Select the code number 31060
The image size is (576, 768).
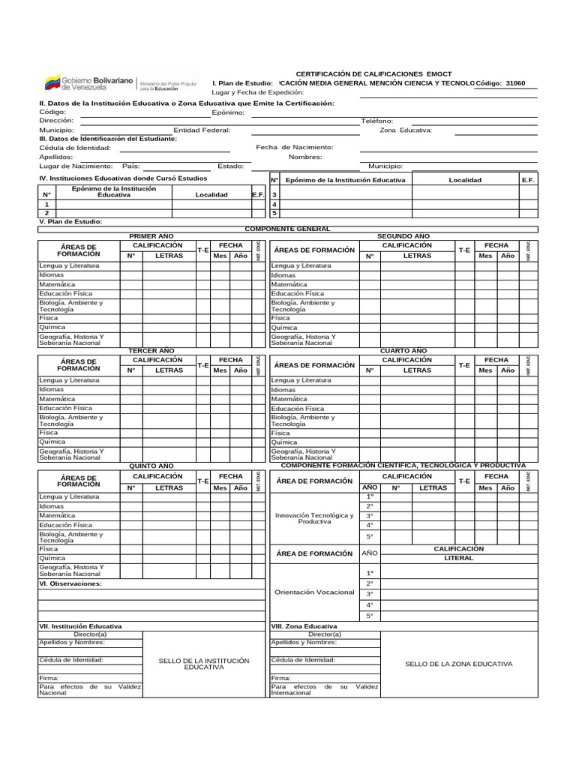[516, 83]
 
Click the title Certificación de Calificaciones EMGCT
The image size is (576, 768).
[385, 74]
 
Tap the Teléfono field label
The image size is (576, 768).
[376, 121]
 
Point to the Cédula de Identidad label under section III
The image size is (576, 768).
[74, 148]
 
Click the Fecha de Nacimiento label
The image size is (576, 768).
[295, 148]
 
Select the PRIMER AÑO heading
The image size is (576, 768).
[151, 235]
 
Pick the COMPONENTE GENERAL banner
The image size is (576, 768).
[288, 229]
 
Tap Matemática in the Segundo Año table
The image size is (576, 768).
[289, 285]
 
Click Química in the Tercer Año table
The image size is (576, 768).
[52, 442]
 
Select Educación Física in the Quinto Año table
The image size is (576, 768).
[66, 525]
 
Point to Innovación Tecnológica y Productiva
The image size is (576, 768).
[314, 518]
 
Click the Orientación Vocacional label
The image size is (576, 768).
[314, 592]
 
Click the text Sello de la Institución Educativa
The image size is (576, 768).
[204, 664]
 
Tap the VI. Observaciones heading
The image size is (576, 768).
[70, 583]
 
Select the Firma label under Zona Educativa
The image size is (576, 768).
[280, 678]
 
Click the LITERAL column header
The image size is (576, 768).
[458, 558]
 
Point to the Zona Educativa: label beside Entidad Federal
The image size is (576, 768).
[406, 130]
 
